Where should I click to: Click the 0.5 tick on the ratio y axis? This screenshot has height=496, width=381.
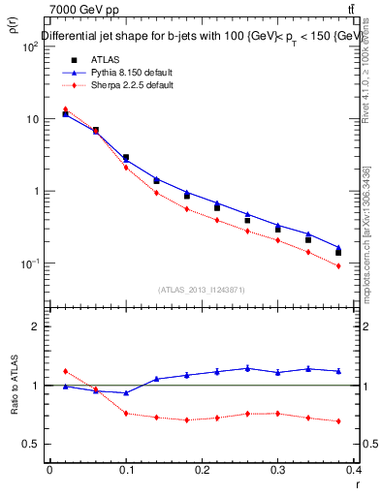click(x=31, y=444)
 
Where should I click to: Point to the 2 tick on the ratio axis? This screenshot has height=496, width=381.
click(x=34, y=326)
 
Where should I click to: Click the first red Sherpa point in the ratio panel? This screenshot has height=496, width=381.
click(x=65, y=371)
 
